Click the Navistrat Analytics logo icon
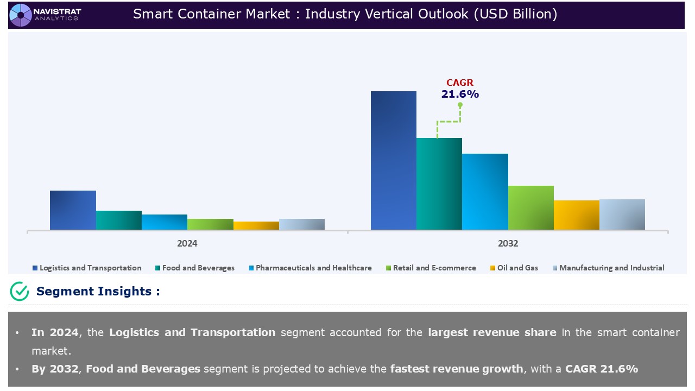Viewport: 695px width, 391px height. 21,15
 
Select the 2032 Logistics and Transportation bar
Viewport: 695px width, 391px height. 393,160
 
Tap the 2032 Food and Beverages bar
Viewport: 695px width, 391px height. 439,184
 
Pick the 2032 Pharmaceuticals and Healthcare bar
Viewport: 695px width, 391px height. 485,191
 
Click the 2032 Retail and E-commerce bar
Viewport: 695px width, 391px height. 530,207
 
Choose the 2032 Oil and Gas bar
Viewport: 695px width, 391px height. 576,215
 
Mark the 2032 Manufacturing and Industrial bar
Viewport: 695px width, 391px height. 622,215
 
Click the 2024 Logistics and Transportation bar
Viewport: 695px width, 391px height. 73,210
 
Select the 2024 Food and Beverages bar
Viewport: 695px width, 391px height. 118,220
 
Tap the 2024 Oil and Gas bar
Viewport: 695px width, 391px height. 256,225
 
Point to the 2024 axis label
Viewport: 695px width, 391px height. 187,243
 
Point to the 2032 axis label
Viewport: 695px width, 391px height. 508,243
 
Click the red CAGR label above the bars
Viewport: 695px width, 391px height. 459,83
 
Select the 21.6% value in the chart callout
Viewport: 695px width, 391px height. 459,94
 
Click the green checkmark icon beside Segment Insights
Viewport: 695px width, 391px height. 20,291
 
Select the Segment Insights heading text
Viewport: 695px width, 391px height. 98,291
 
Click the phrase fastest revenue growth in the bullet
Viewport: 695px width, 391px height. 457,369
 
